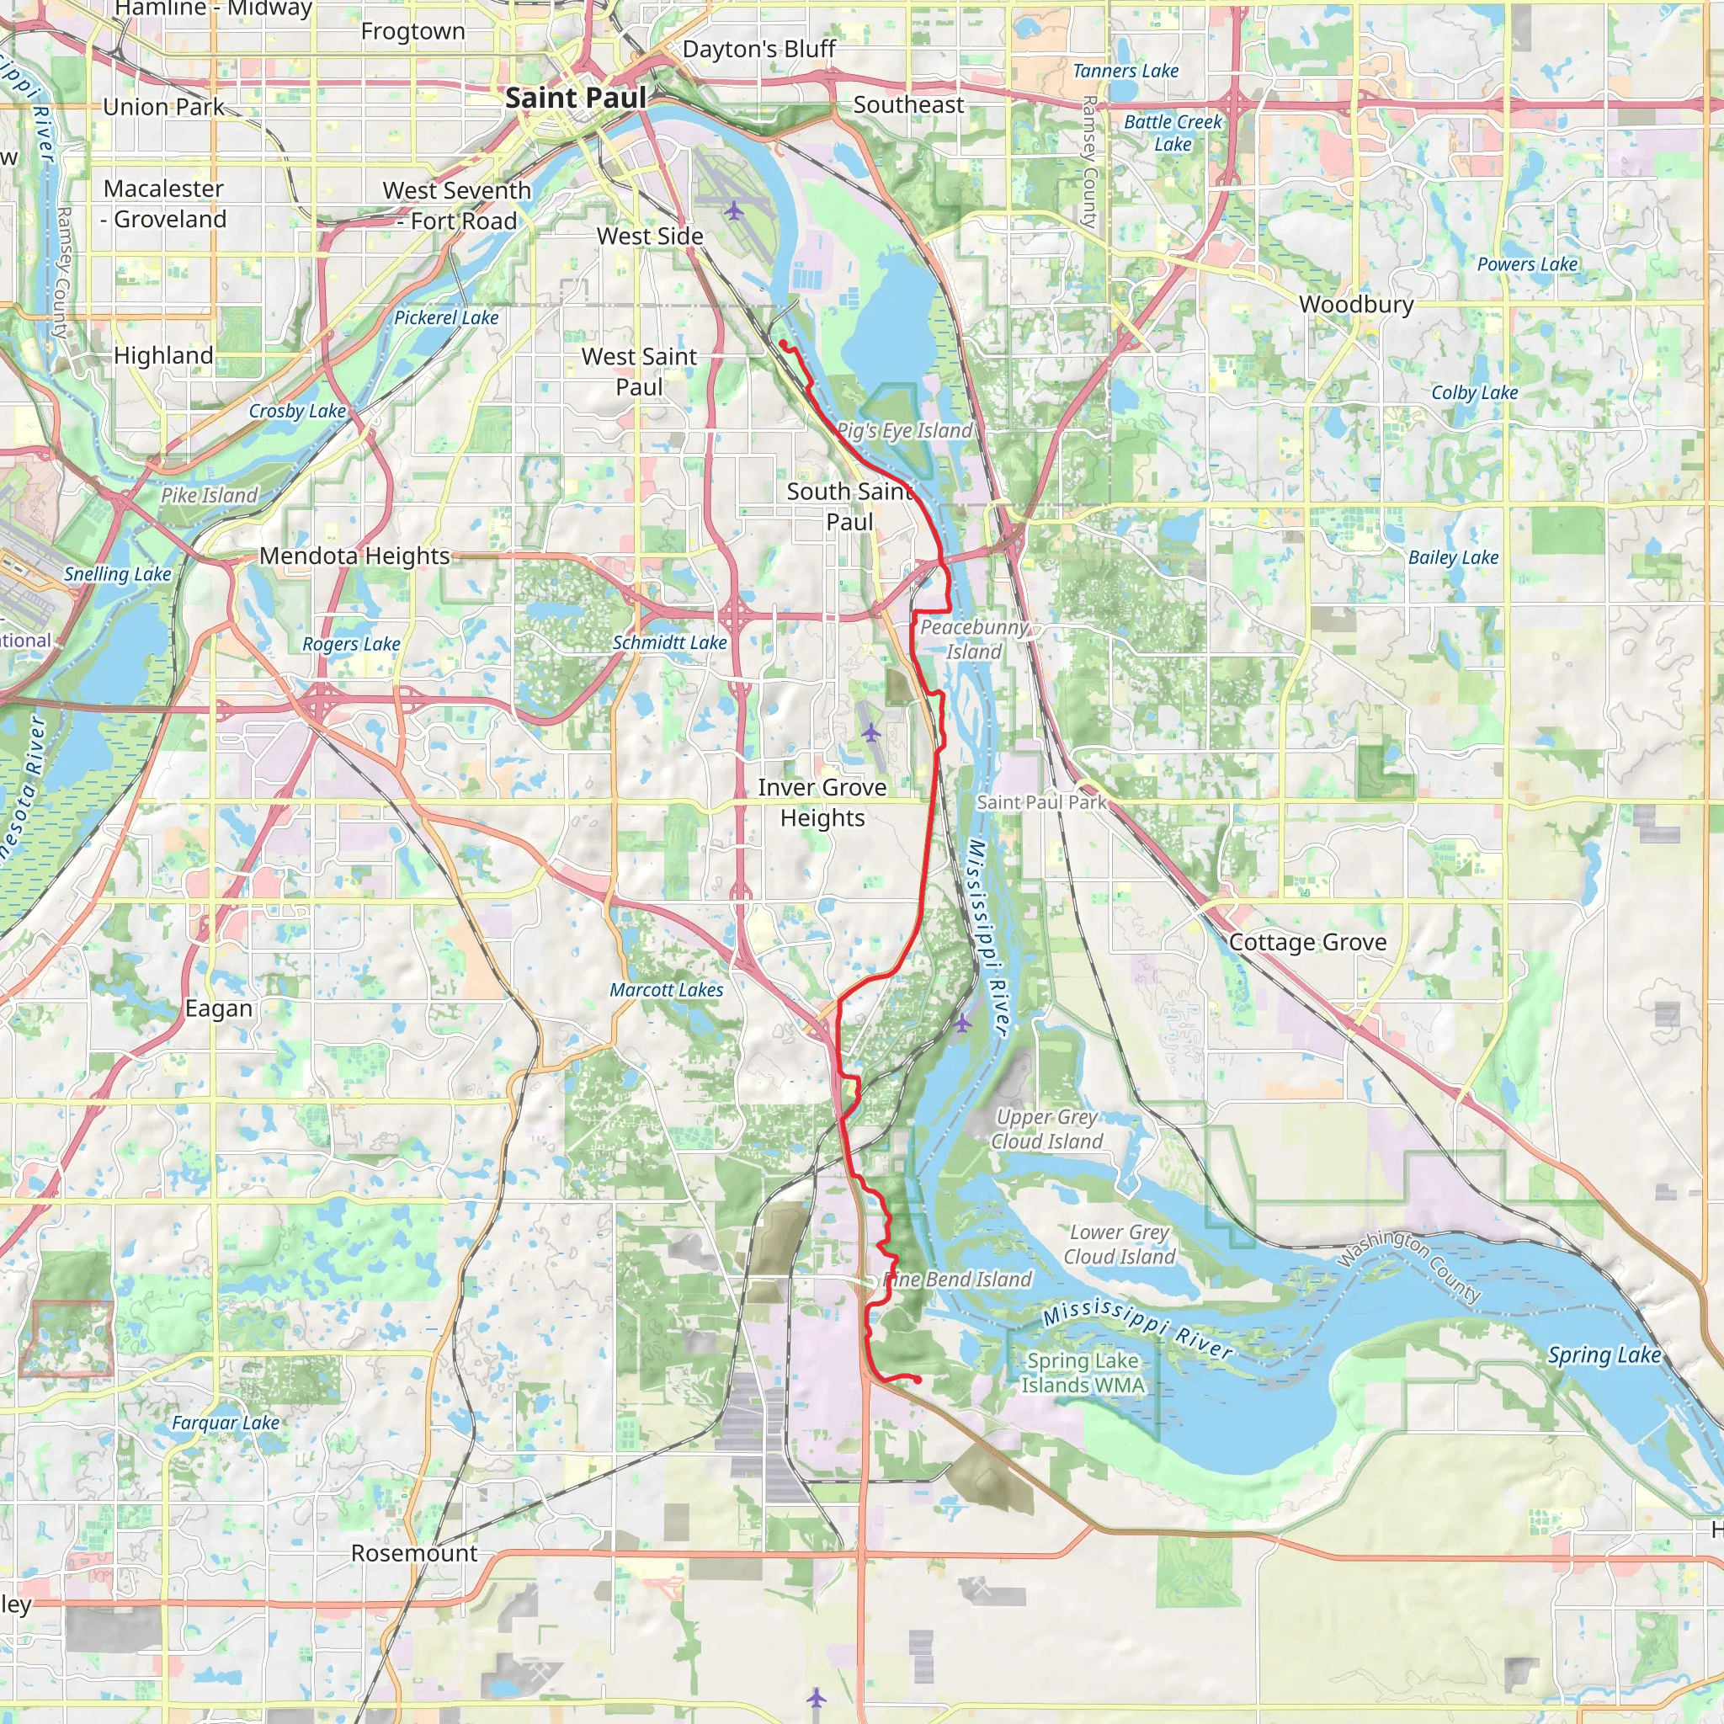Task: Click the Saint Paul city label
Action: pyautogui.click(x=576, y=98)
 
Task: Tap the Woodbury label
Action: pyautogui.click(x=1355, y=304)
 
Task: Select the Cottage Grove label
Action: pyautogui.click(x=1307, y=942)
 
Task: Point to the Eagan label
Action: pyautogui.click(x=219, y=1008)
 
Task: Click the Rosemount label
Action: pyautogui.click(x=414, y=1552)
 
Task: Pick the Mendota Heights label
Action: pyautogui.click(x=354, y=556)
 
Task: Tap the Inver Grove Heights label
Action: pyautogui.click(x=822, y=802)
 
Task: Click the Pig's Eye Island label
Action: pyautogui.click(x=904, y=430)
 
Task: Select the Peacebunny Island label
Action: pyautogui.click(x=974, y=639)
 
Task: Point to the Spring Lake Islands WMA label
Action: pyautogui.click(x=1083, y=1372)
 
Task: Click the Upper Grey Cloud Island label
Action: pyautogui.click(x=1046, y=1129)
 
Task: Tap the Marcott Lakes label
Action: pyautogui.click(x=666, y=990)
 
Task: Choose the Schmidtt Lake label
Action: pyautogui.click(x=669, y=642)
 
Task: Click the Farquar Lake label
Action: pyautogui.click(x=226, y=1423)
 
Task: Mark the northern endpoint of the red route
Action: pyautogui.click(x=783, y=343)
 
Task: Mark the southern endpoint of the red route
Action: pyautogui.click(x=918, y=1381)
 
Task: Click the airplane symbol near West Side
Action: pyautogui.click(x=733, y=210)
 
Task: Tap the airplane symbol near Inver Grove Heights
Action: pyautogui.click(x=871, y=732)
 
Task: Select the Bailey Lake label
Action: pyautogui.click(x=1453, y=558)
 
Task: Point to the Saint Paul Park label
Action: pyautogui.click(x=1040, y=802)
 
